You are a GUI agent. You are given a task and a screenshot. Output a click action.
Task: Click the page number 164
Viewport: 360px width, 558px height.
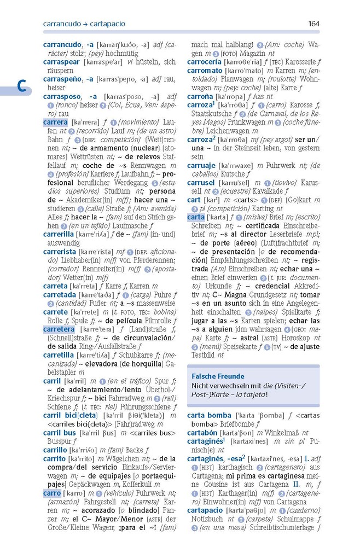[x=313, y=24]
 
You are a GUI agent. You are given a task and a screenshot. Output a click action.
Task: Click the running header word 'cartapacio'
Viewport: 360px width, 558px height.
[x=108, y=24]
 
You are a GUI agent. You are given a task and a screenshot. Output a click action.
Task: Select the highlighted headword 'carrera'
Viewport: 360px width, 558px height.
[x=55, y=122]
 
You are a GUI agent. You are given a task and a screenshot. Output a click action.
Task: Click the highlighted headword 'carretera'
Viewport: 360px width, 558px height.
[x=59, y=329]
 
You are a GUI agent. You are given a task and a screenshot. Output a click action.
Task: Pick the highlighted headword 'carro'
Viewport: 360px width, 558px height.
[x=52, y=493]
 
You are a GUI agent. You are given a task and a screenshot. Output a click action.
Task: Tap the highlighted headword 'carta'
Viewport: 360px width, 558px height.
[x=195, y=217]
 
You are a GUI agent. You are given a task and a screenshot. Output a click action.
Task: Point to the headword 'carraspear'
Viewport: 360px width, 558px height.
[x=62, y=62]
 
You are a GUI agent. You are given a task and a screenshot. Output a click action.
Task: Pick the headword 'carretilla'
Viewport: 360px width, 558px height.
[x=58, y=355]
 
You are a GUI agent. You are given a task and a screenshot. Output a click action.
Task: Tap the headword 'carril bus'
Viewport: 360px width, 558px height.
[x=59, y=433]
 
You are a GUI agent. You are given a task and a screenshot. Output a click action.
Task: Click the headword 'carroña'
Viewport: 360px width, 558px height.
[x=201, y=96]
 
